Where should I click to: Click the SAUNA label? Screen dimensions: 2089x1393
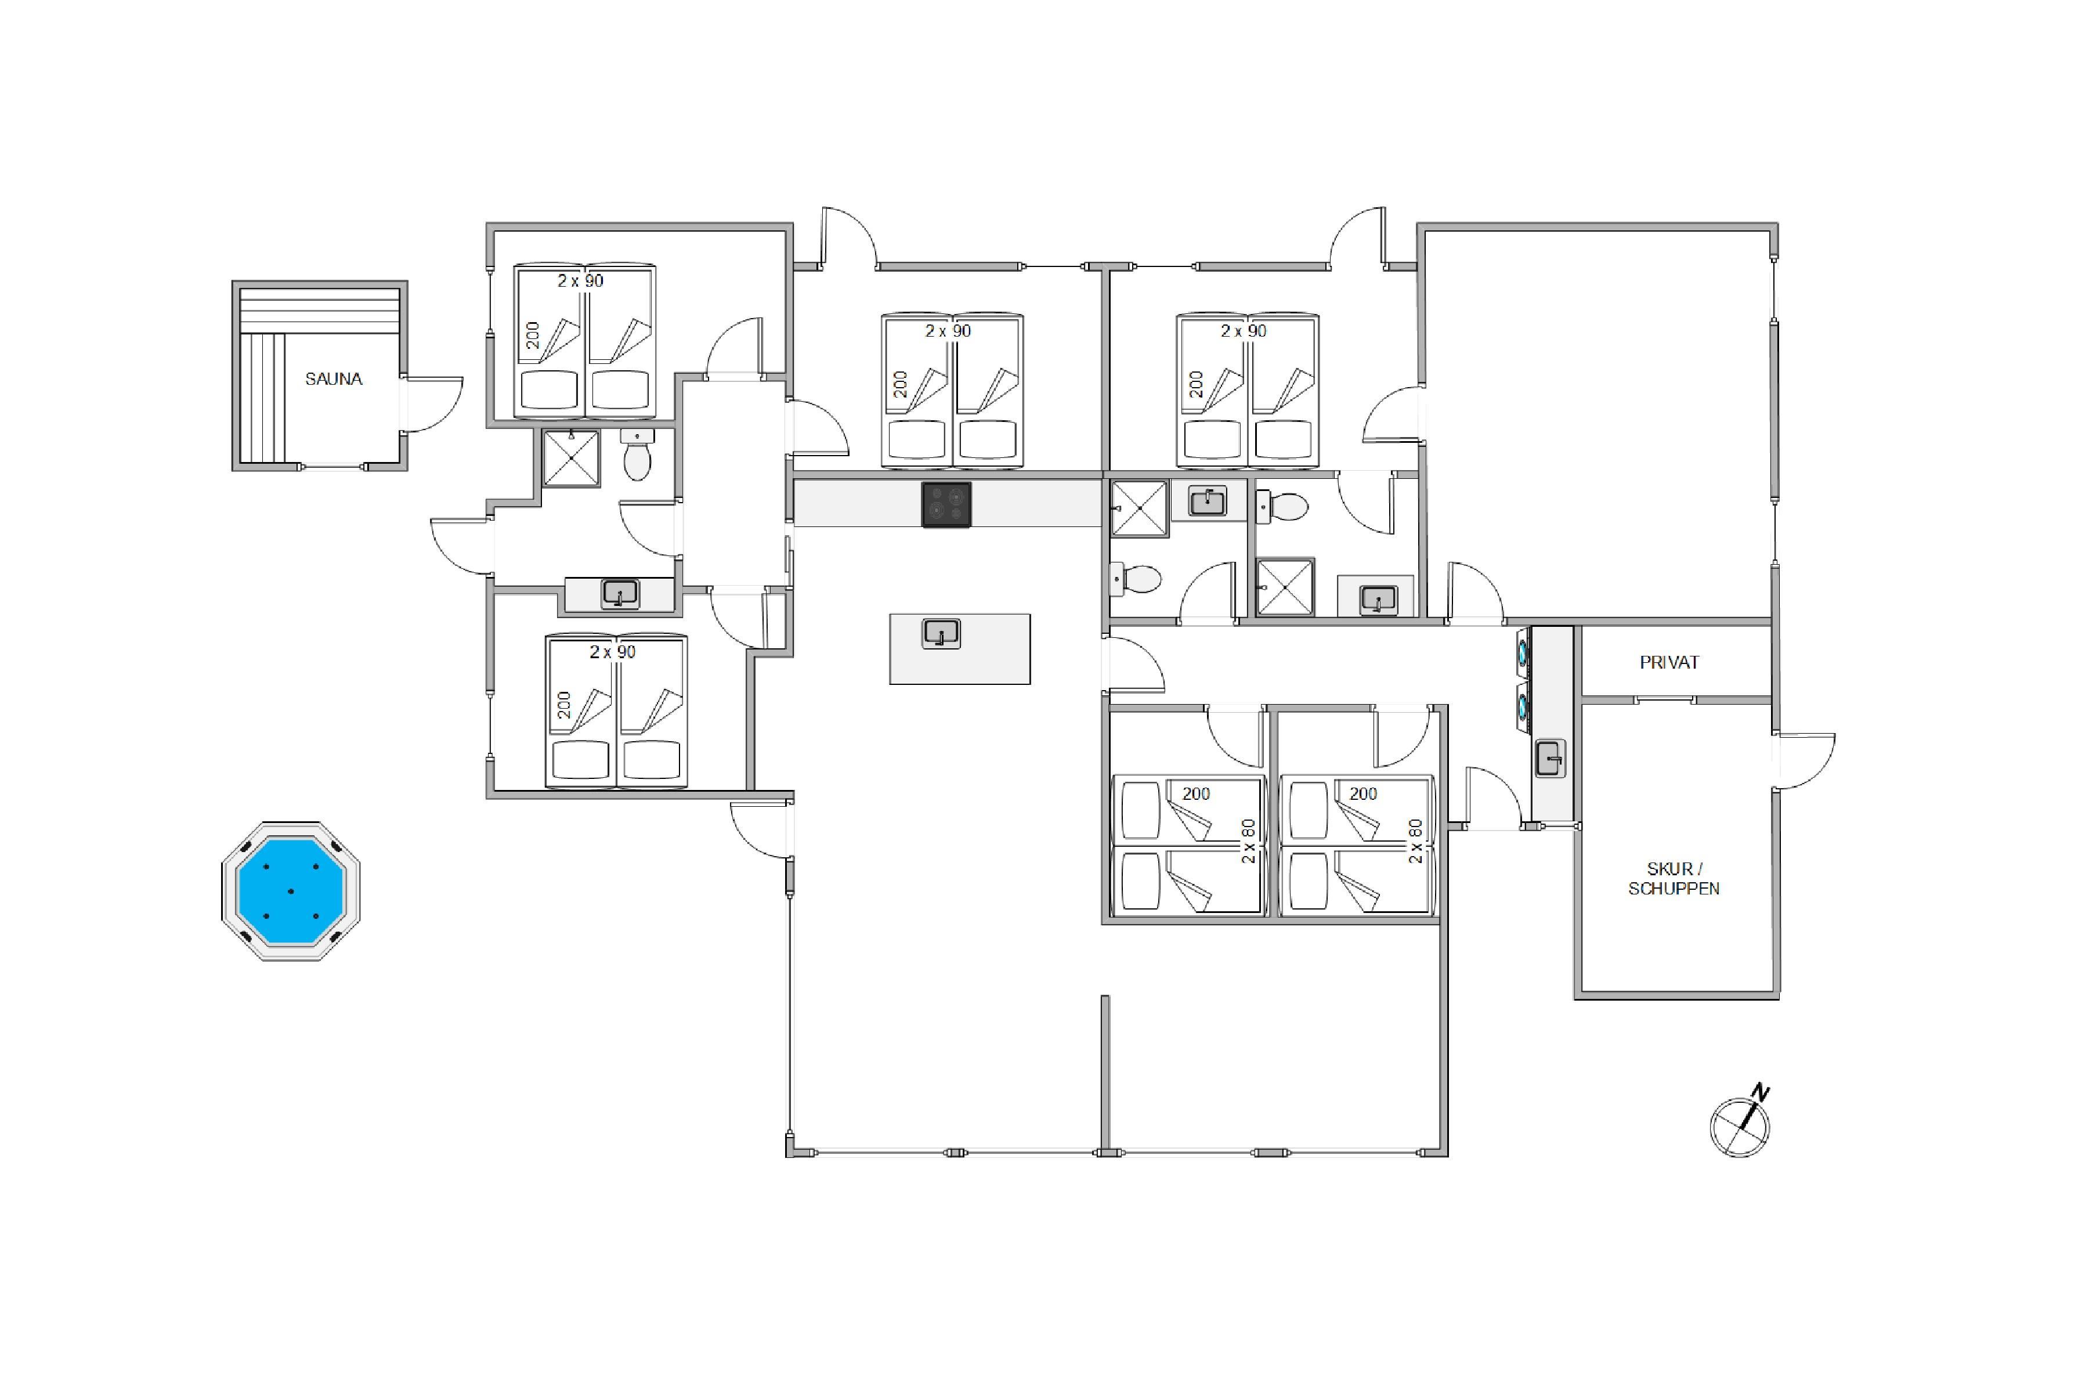point(334,380)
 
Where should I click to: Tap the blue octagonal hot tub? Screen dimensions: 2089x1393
point(291,891)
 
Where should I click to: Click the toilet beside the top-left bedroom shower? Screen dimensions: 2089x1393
point(637,455)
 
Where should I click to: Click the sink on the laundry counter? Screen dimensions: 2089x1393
point(1550,759)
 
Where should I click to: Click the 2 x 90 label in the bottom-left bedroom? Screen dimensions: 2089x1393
point(613,652)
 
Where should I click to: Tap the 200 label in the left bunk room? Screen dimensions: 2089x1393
point(1195,794)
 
